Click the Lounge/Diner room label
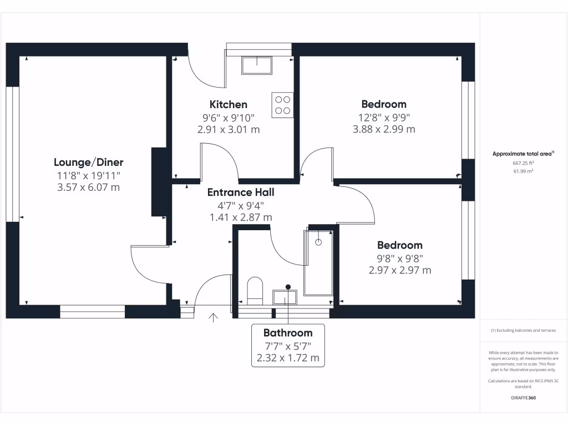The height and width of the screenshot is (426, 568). (x=88, y=163)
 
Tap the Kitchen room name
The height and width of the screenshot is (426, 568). (x=228, y=104)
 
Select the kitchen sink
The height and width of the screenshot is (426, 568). (x=257, y=66)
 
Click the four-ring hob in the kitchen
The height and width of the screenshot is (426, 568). (x=282, y=105)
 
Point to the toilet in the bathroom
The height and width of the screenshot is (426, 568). (x=255, y=290)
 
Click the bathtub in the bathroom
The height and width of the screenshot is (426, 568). (x=318, y=262)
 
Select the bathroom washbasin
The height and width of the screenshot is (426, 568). (x=285, y=297)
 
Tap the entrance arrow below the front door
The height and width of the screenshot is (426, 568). (x=213, y=317)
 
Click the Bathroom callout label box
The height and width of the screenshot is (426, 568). (x=287, y=345)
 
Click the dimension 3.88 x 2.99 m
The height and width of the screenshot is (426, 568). (x=384, y=129)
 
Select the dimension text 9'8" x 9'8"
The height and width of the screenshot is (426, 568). (x=399, y=258)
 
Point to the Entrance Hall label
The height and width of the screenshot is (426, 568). (x=241, y=192)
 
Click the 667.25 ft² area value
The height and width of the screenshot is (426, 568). (x=523, y=164)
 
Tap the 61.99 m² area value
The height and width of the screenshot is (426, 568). (x=523, y=171)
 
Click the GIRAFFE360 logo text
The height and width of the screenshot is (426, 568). (x=523, y=398)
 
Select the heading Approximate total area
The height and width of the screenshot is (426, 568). (x=523, y=154)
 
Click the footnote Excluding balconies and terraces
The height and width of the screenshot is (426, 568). (x=523, y=331)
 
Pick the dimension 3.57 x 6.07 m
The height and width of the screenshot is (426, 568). (x=88, y=187)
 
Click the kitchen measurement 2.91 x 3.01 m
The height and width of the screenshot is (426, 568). (x=228, y=130)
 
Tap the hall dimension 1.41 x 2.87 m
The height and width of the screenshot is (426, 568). (x=241, y=217)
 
